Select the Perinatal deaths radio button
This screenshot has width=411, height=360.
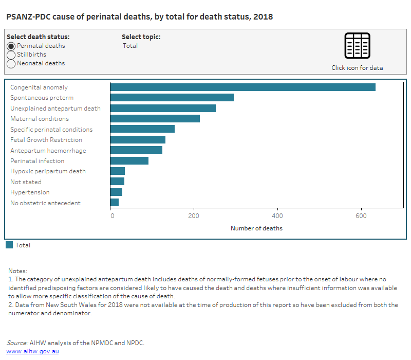11,46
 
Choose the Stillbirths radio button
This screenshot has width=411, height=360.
11,55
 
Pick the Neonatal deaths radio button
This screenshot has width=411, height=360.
11,63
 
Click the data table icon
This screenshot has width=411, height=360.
357,46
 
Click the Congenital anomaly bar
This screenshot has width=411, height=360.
242,87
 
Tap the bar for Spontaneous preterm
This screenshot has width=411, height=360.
172,98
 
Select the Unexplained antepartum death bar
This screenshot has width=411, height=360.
163,109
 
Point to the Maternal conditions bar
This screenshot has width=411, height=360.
155,119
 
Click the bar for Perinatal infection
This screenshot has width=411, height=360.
129,161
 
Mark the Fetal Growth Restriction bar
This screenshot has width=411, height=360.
138,140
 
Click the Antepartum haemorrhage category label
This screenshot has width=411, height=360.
48,151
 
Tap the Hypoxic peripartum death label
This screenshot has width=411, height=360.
48,171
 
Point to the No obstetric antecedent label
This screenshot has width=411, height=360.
45,203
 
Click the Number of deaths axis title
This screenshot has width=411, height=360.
256,228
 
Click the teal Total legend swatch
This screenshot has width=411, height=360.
9,245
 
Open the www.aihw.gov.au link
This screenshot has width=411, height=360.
32,351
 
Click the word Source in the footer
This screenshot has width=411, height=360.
16,343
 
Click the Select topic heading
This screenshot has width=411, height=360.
141,37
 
